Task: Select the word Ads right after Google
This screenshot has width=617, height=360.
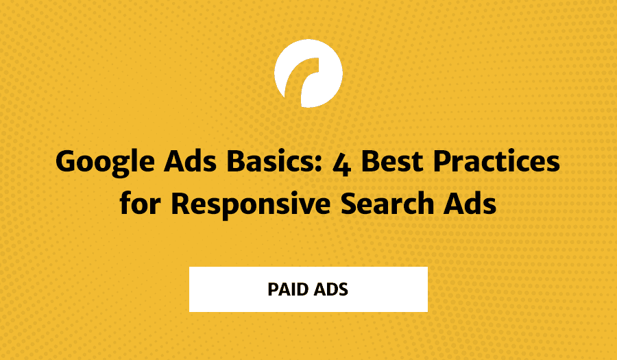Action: pos(190,161)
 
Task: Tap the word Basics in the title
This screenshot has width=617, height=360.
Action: pos(271,161)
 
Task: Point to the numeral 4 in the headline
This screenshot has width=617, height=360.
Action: pos(341,165)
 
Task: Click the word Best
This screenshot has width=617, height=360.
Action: pos(392,162)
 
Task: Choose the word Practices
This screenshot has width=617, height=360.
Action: pos(496,161)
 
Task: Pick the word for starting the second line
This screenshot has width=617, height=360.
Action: pos(140,203)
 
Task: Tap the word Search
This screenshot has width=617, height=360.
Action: pos(387,204)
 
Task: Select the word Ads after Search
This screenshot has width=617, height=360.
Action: pos(470,204)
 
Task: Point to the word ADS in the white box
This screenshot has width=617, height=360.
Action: pos(330,289)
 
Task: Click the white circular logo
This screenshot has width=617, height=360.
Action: pos(308,73)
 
